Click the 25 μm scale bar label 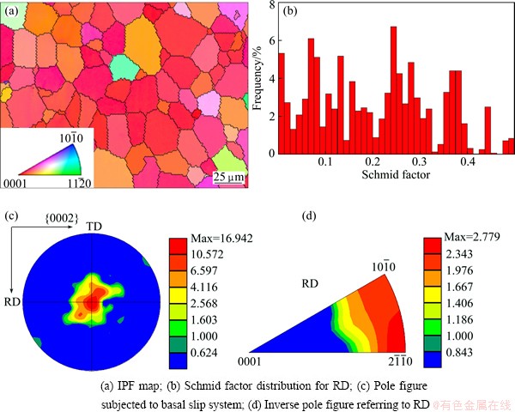pyautogui.click(x=227, y=176)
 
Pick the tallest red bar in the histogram pyautogui.click(x=393, y=90)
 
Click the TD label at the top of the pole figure pyautogui.click(x=94, y=226)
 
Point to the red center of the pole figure pyautogui.click(x=91, y=302)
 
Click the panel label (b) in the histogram pyautogui.click(x=290, y=12)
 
